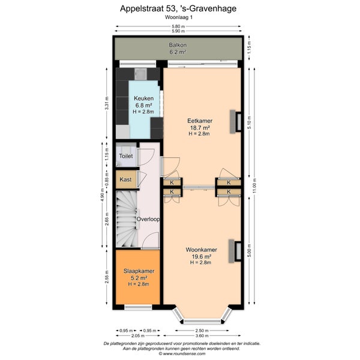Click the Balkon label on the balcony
click(178, 45)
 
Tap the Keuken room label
click(144, 98)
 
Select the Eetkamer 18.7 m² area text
click(200, 128)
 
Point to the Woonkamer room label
click(202, 250)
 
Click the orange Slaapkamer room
click(138, 277)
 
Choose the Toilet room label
click(126, 156)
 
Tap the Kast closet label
click(125, 179)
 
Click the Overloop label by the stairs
click(148, 219)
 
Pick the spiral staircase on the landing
click(127, 219)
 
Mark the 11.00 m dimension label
click(254, 186)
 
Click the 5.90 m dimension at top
click(178, 31)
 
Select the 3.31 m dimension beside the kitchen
click(107, 103)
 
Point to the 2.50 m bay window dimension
click(202, 331)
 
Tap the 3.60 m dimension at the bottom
click(202, 335)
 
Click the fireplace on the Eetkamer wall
click(236, 121)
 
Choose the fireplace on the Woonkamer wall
click(235, 251)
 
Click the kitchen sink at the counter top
click(141, 74)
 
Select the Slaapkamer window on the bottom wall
click(138, 307)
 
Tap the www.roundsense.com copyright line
click(182, 354)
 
